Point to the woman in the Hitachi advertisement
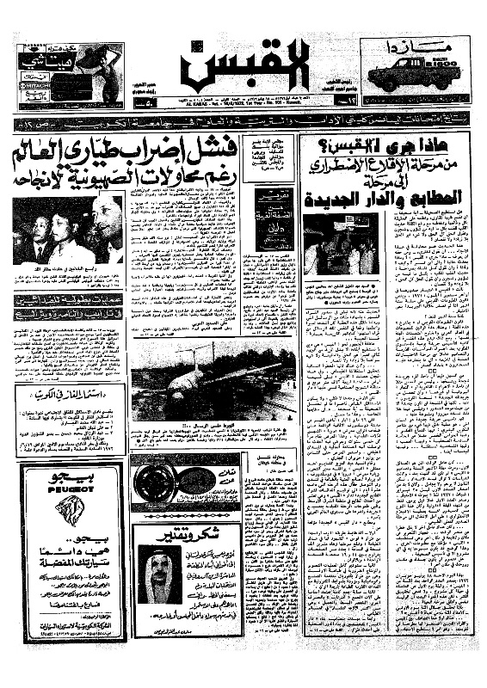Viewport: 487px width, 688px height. [x=108, y=73]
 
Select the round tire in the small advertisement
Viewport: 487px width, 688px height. [x=155, y=482]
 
